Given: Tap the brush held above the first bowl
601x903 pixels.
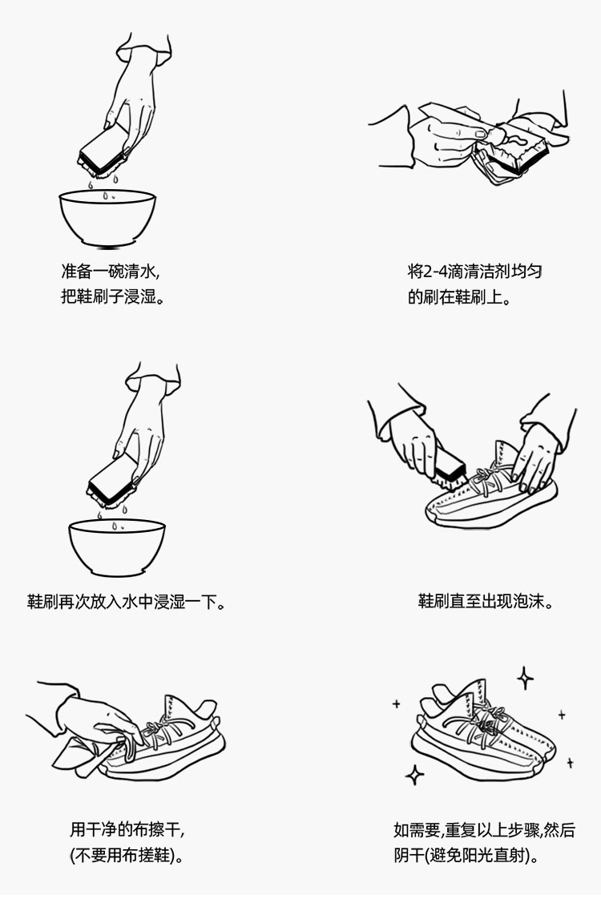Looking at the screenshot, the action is click(x=103, y=150).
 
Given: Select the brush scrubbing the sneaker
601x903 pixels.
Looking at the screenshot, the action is click(x=450, y=466).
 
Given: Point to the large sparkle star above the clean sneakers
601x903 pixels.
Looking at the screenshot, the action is click(x=524, y=678).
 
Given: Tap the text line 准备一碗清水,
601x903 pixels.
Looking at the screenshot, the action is click(x=110, y=271).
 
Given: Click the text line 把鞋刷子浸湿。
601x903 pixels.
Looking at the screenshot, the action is click(x=113, y=296).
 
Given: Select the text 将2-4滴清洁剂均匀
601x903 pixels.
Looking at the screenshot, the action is click(x=474, y=271).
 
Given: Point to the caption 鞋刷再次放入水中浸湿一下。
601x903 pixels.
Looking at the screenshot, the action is click(x=126, y=602).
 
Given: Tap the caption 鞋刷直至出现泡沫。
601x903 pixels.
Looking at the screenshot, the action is click(x=486, y=602).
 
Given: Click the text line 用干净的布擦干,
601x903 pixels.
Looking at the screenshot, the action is click(x=127, y=829).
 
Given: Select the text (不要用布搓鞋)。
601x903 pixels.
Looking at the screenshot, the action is click(x=127, y=855).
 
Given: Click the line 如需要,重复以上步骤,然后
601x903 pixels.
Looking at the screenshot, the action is click(x=484, y=829).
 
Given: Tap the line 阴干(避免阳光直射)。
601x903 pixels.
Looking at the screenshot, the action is click(x=467, y=855).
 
